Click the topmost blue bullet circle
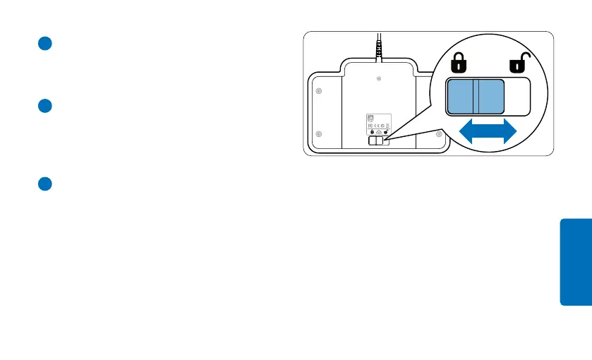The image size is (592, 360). click(x=44, y=43)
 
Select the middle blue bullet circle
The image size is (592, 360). click(x=44, y=107)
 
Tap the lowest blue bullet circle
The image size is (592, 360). click(x=44, y=184)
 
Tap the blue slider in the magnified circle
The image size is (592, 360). click(x=475, y=96)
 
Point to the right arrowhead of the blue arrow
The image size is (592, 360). click(x=508, y=132)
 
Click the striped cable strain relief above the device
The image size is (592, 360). click(x=379, y=52)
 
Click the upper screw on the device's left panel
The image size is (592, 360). click(x=318, y=91)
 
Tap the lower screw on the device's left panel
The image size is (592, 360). click(x=318, y=134)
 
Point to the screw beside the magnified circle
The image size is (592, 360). click(x=439, y=133)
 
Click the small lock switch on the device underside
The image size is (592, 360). click(x=377, y=140)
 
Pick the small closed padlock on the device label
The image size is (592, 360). click(x=372, y=132)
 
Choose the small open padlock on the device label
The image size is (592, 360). click(x=386, y=132)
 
